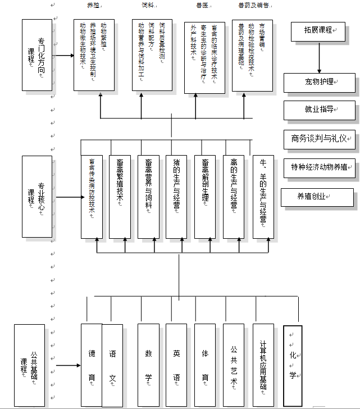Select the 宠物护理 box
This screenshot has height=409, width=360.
320,84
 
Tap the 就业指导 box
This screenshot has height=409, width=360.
320,111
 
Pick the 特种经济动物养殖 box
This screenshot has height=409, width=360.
320,167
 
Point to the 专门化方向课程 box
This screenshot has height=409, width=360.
37,55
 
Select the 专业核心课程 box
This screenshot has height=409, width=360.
37,197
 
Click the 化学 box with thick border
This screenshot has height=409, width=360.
293,365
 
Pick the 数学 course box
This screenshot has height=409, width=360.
148,365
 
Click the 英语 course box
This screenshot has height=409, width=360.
176,365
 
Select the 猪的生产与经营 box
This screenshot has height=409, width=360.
176,197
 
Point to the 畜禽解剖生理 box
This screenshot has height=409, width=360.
205,197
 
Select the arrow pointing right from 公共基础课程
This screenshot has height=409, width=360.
68,365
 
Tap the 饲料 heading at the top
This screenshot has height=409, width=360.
148,5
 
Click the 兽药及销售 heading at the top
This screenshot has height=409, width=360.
250,5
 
